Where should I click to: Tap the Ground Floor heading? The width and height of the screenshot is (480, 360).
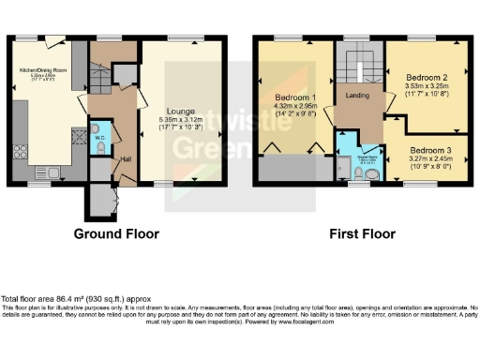116,233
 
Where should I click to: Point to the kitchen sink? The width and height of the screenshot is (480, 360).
46,171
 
